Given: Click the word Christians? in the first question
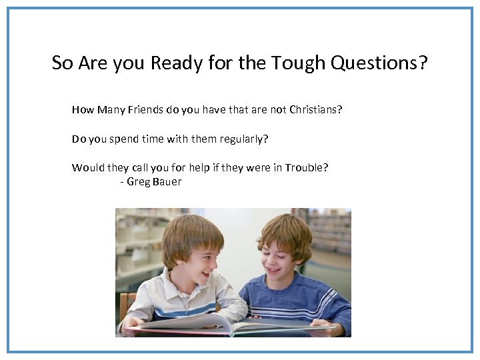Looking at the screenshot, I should click(315, 109).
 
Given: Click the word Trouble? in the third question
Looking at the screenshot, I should click(306, 167).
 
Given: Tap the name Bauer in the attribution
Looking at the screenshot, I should click(167, 181).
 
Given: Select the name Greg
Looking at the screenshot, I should click(139, 181).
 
